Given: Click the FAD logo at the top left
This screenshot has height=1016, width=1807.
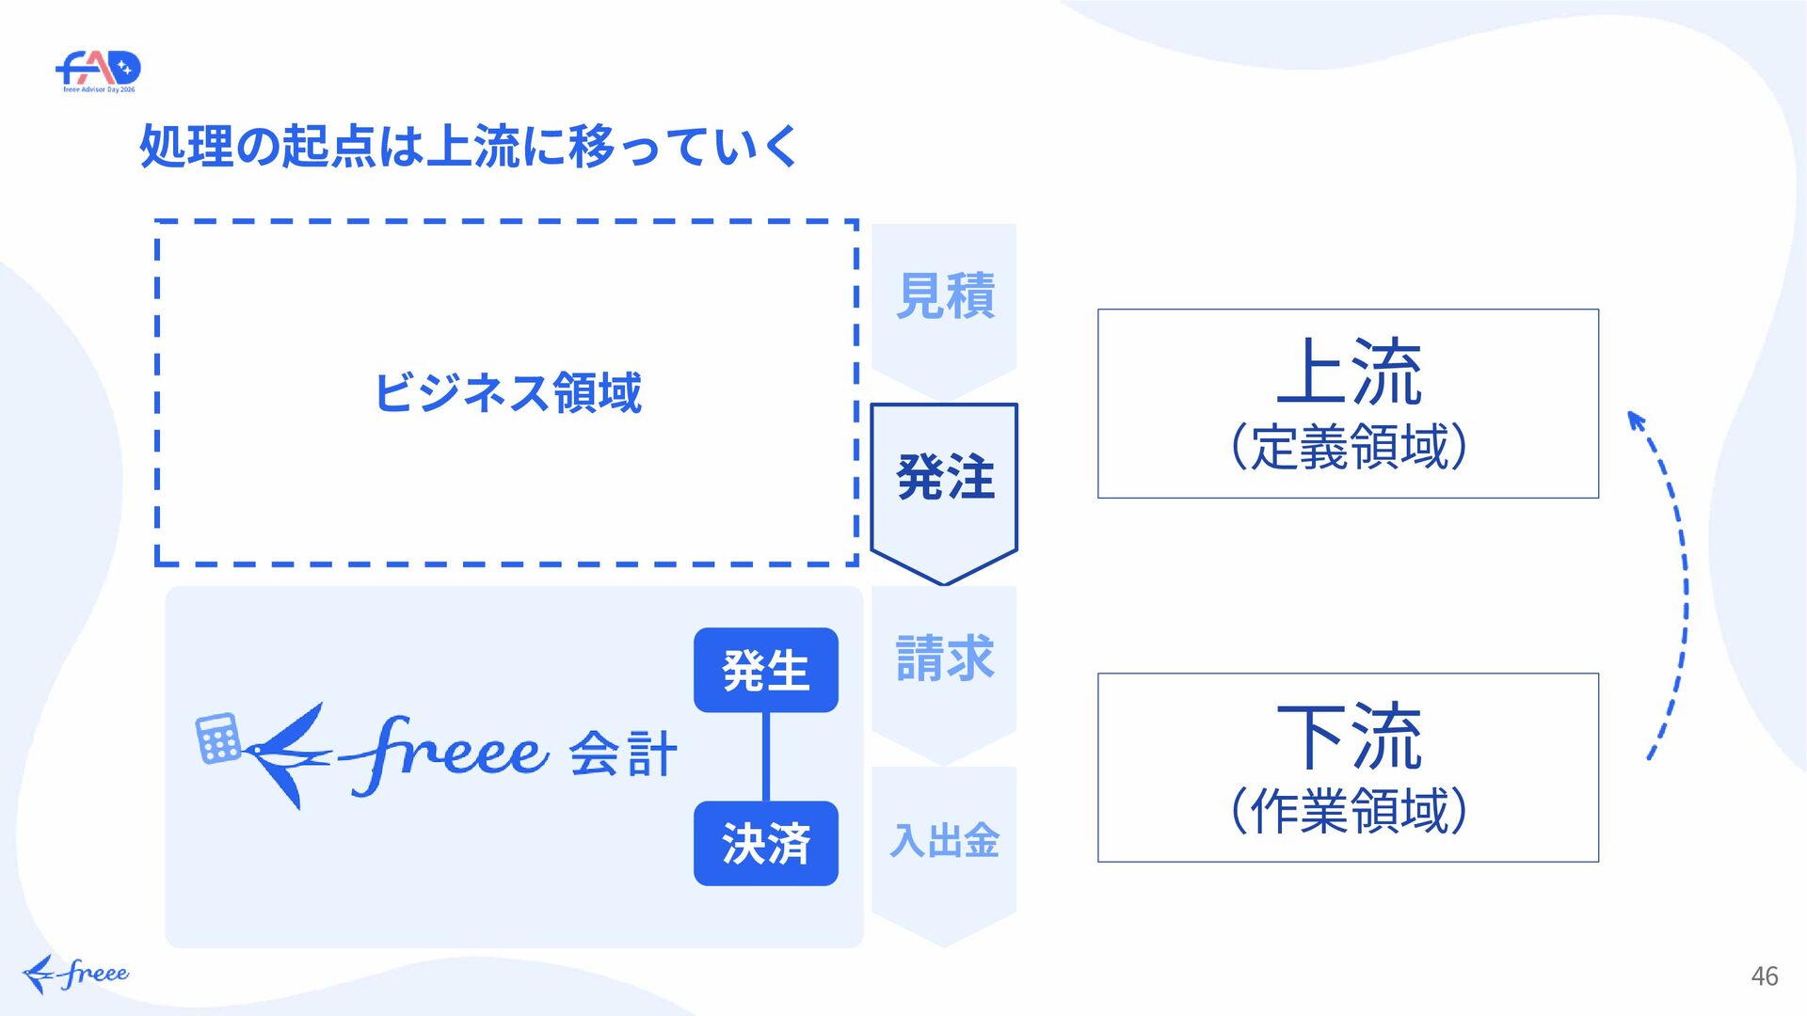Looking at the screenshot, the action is [98, 71].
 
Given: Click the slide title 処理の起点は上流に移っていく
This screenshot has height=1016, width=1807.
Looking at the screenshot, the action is [469, 147].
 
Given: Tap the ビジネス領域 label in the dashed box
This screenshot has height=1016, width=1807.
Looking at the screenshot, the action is [507, 392].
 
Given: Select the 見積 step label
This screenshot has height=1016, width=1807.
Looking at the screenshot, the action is [945, 295].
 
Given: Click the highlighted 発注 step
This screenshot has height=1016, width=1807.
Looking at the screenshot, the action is [945, 477].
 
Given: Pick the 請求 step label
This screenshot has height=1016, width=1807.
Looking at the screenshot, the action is [945, 658].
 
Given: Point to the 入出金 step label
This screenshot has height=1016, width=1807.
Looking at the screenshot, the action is [945, 840].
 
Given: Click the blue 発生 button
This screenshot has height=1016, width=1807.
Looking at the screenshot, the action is [766, 670].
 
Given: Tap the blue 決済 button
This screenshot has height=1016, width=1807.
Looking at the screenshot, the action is [766, 843].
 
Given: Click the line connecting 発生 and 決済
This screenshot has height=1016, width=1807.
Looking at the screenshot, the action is [766, 756].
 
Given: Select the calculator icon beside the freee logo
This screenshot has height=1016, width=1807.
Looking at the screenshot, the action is [218, 738].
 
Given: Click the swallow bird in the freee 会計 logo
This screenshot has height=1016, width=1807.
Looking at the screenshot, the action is [288, 755].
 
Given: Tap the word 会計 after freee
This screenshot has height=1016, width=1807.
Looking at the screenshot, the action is [623, 754].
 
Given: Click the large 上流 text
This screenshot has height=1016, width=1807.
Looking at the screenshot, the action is [1349, 372].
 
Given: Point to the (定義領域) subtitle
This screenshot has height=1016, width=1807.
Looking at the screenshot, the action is [1349, 446].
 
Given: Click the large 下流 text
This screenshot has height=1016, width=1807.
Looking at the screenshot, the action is [1349, 736].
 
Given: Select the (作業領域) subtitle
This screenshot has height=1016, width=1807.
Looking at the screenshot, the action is [1349, 810].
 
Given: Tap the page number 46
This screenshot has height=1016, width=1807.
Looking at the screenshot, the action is [1765, 976].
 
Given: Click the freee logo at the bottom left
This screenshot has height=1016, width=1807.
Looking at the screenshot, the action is [75, 975].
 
